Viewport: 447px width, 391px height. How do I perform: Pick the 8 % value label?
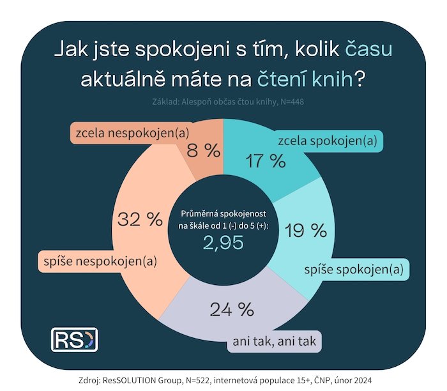pyautogui.click(x=202, y=151)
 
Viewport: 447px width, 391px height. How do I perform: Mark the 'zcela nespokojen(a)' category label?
pyautogui.click(x=125, y=134)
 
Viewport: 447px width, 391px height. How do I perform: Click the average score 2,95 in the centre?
pyautogui.click(x=223, y=242)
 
